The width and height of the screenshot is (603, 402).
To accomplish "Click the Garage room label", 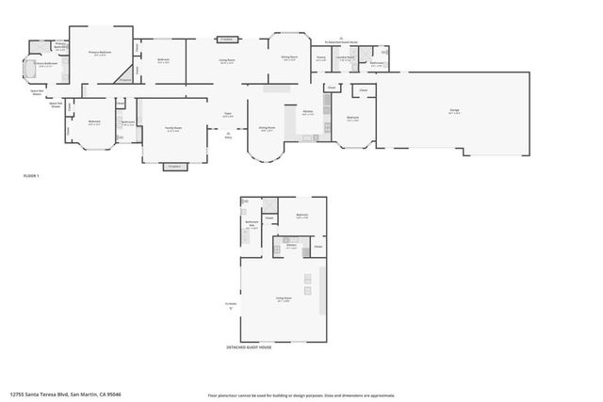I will [454, 111].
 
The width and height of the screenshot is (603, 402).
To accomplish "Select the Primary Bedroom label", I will [100, 53].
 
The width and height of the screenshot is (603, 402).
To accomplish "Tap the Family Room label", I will [172, 129].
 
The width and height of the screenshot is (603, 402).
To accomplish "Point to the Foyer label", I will [227, 115].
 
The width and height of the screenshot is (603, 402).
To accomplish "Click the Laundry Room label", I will [347, 57].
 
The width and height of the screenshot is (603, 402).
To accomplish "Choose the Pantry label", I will [321, 57].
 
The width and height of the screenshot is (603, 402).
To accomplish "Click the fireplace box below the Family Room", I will [172, 166].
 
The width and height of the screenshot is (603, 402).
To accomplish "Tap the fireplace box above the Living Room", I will [226, 40].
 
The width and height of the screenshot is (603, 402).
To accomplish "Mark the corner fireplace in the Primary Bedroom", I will [123, 81].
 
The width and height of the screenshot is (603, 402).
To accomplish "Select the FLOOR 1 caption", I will [31, 176].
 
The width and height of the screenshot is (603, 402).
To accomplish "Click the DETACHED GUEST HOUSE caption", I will [251, 347].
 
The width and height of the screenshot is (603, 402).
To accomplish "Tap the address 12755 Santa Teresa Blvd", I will [65, 394].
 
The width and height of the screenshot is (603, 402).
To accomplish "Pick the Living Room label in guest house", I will [283, 299].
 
